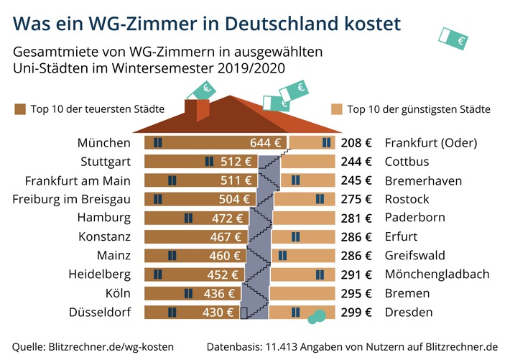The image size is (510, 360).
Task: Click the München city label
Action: pyautogui.click(x=105, y=142)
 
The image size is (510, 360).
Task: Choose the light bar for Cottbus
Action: pyautogui.click(x=309, y=161)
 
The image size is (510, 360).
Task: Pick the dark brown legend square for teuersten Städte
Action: pyautogui.click(x=20, y=109)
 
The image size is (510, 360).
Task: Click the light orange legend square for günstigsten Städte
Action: pyautogui.click(x=336, y=109)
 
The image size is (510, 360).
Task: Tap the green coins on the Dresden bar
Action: pyautogui.click(x=316, y=315)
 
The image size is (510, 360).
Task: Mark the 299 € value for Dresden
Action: pyautogui.click(x=356, y=312)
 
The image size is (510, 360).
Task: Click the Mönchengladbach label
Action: pyautogui.click(x=437, y=274)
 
